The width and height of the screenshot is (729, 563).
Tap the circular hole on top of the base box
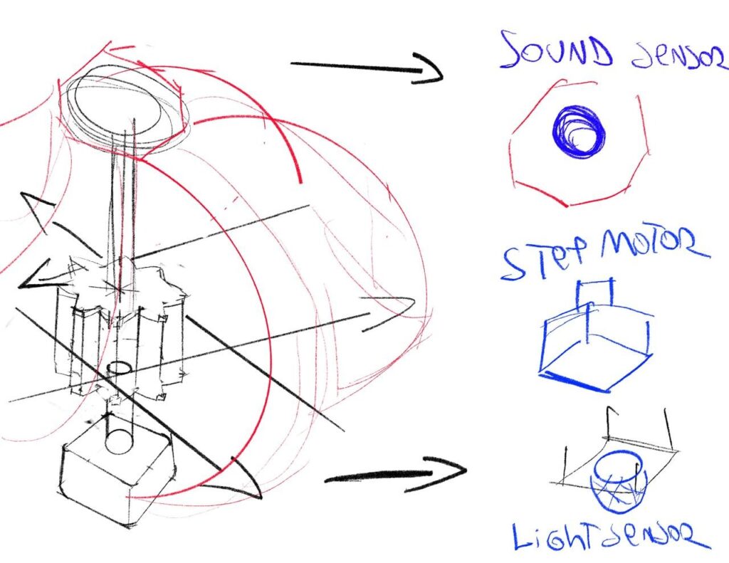tap(120, 442)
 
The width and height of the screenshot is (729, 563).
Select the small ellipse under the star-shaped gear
tap(120, 368)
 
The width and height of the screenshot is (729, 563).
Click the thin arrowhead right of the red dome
tap(389, 312)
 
